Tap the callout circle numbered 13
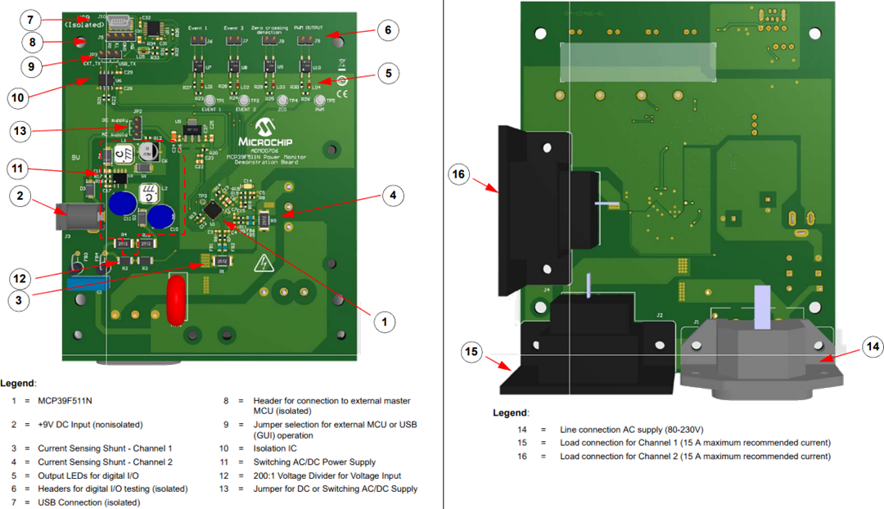(24, 131)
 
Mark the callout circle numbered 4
(392, 196)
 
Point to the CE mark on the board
(342, 93)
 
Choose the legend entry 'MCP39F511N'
(65, 401)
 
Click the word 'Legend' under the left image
(17, 383)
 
